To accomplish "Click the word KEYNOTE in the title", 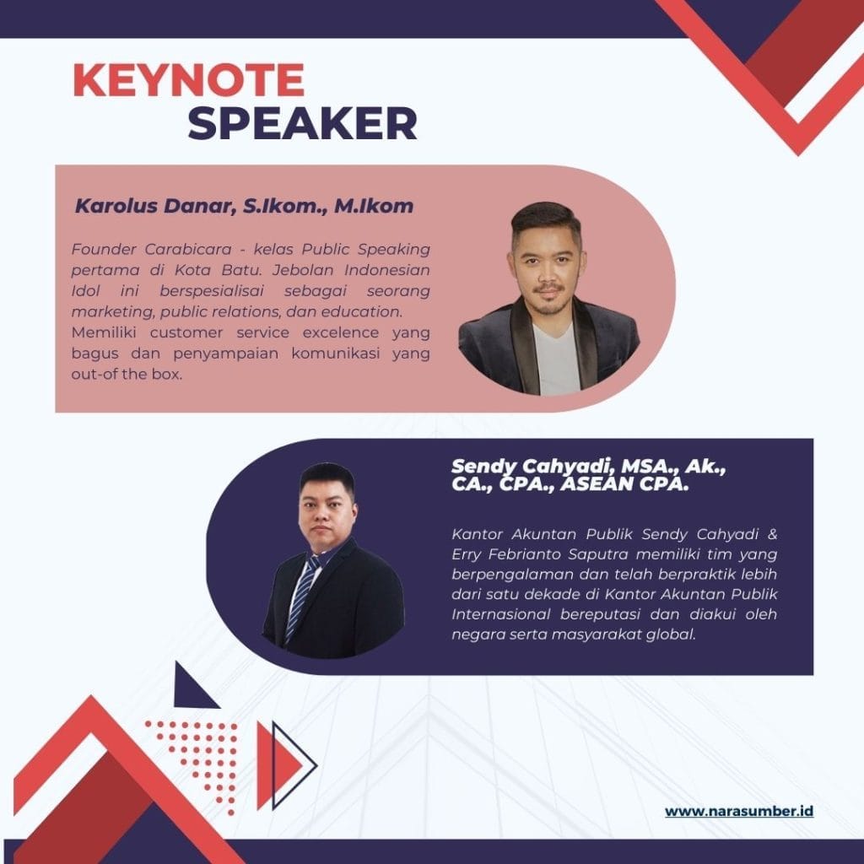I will (x=188, y=81).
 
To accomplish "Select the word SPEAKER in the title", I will (x=302, y=123).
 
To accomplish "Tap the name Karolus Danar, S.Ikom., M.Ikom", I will (x=245, y=206).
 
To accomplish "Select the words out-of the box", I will (x=127, y=374).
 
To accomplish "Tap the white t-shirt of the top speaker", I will (x=557, y=359).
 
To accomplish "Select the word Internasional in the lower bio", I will (x=498, y=614).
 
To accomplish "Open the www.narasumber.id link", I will (x=739, y=812).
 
